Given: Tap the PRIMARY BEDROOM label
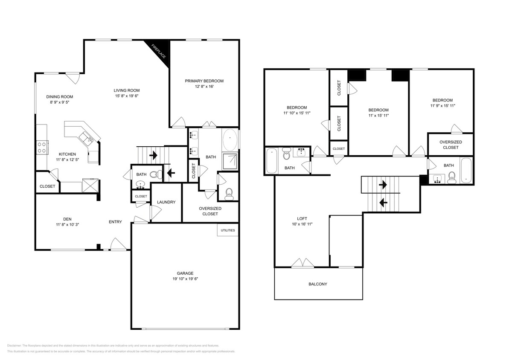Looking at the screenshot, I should point(204,81).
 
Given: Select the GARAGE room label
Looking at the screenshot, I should point(185,273).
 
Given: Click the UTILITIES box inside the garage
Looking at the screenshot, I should point(227,230).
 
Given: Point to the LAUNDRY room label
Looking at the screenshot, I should point(166,202).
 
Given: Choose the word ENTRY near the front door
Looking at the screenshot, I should point(115,222).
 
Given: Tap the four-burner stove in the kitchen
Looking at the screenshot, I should point(42,147).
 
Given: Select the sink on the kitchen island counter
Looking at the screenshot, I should point(90,137).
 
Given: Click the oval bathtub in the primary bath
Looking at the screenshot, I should point(230,139).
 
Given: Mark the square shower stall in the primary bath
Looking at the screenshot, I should point(230,161).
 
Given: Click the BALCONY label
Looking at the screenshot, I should point(318,284).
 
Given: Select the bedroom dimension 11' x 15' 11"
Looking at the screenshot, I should point(378,115).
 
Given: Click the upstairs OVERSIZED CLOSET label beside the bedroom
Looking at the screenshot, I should point(450,145).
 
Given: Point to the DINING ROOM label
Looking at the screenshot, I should point(60,97).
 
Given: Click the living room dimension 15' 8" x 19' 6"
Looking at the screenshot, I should point(126,96).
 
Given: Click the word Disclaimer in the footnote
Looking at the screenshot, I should point(14,345).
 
